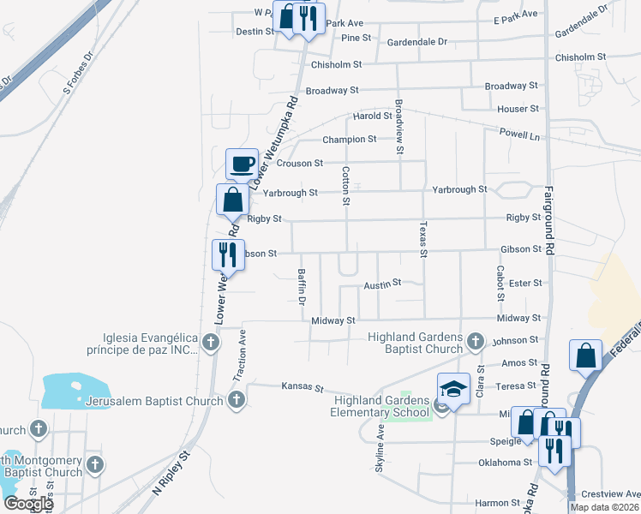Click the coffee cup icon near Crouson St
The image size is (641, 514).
(x=243, y=163)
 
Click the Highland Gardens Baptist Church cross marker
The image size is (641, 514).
(x=476, y=344)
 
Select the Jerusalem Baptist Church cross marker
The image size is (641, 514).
(x=237, y=400)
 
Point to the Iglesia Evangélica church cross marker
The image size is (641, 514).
(x=212, y=344)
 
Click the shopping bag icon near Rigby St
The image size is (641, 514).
(x=232, y=200)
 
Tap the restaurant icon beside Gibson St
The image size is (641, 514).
(x=227, y=254)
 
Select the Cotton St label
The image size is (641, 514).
(x=347, y=186)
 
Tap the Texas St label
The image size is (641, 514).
(x=422, y=239)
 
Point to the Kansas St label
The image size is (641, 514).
(x=303, y=387)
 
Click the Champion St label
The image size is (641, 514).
(x=349, y=140)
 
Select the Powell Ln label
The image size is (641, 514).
(x=522, y=135)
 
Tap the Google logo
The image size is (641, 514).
(x=28, y=503)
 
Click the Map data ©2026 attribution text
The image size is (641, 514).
(x=603, y=507)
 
